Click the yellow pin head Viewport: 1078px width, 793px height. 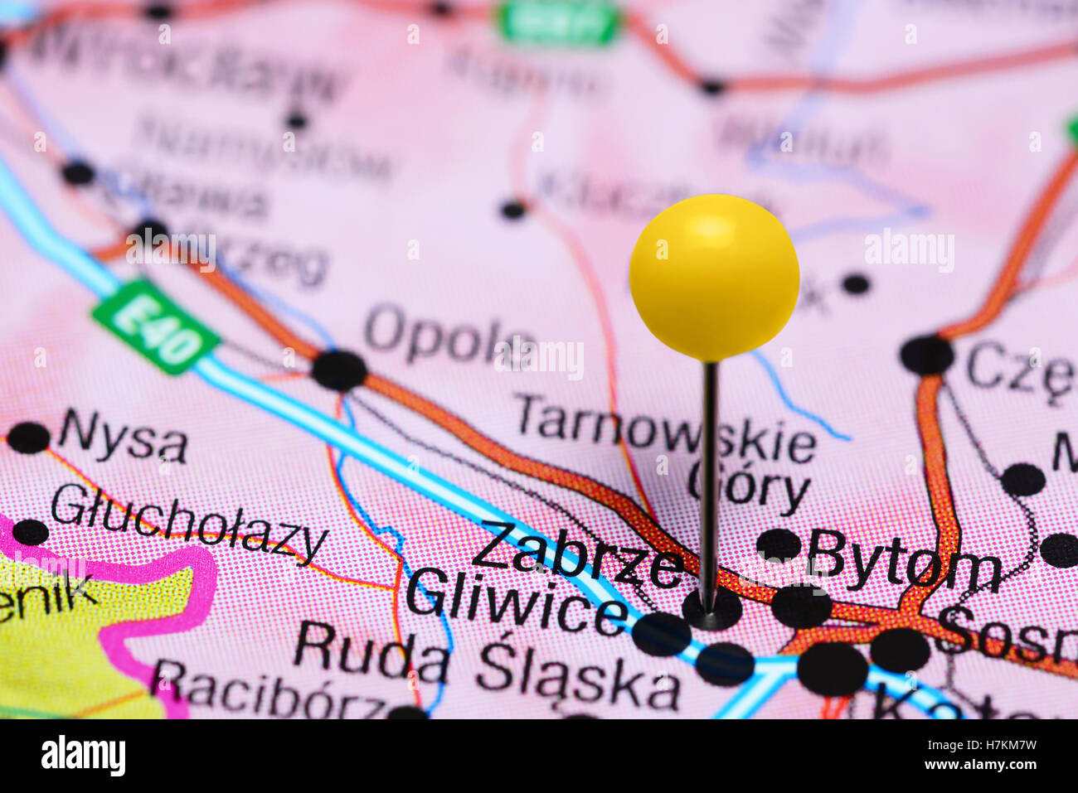point(714,277)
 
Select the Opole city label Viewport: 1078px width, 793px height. point(448,334)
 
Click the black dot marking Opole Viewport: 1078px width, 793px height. point(339,370)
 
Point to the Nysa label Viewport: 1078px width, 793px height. point(123,437)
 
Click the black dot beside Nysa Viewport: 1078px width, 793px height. point(28,438)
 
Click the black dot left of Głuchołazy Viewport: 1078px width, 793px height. point(31,532)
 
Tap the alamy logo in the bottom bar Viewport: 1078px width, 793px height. point(83,756)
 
